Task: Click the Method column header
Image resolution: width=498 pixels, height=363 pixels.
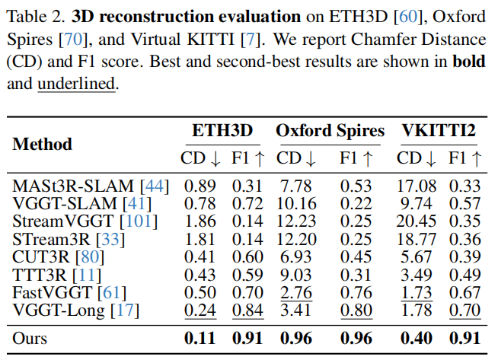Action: pos(42,144)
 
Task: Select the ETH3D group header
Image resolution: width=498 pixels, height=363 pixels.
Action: pos(222,130)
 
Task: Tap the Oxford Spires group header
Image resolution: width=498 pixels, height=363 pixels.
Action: pos(330,131)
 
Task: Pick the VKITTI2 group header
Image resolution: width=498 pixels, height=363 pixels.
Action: pos(439,130)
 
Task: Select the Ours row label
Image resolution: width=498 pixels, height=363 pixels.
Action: pos(30,338)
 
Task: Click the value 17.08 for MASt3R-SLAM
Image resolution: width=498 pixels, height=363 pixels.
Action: pos(417,186)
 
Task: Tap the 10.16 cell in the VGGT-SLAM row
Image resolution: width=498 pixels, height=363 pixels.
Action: pos(296,204)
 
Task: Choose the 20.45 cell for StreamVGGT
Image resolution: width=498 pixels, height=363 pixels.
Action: pos(416,221)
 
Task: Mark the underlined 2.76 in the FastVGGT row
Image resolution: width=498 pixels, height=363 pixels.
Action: pos(296,292)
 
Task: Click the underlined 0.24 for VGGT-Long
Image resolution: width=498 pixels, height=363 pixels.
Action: pos(200,310)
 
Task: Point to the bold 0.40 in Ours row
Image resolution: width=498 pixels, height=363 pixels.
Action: pos(417,338)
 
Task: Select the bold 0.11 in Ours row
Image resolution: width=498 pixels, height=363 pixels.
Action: pos(200,338)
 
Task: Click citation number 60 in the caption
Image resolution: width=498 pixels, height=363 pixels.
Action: pos(408,17)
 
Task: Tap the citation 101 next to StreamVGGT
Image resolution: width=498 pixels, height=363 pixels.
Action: pos(139,221)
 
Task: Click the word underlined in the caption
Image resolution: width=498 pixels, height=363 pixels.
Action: pos(76,84)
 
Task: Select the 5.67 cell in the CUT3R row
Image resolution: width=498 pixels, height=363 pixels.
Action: pos(416,257)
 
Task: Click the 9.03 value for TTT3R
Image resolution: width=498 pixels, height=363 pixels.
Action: pos(296,275)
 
